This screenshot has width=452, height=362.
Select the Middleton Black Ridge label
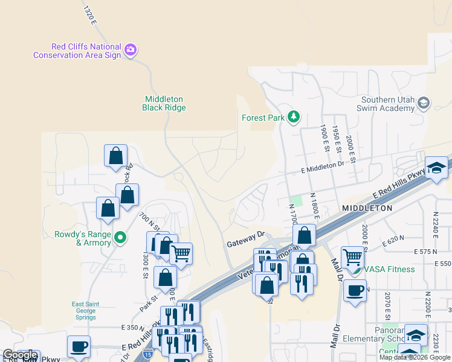164,103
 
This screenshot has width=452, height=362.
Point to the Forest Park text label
262,118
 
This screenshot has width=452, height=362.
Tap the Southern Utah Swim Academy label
387,104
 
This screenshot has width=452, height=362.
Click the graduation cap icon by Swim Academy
424,104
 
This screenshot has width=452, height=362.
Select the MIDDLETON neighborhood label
367,208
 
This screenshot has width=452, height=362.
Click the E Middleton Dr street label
322,171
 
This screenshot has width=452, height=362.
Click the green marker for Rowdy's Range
120,238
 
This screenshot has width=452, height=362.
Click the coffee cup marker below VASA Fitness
355,290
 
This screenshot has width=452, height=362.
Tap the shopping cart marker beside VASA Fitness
352,257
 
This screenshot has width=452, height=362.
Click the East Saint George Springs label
85,307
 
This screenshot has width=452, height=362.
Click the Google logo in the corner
20,355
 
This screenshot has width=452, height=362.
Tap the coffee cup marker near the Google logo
79,347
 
